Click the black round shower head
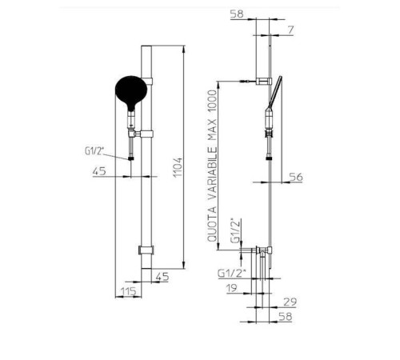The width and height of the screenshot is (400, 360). (x=131, y=92)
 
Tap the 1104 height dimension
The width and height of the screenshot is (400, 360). (x=178, y=167)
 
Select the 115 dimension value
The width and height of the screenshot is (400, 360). (x=129, y=291)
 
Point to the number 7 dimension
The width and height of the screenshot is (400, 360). (x=290, y=30)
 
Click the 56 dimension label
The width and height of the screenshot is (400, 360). (x=296, y=177)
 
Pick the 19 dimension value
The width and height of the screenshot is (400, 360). (x=231, y=288)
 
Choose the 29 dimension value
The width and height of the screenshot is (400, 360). (x=290, y=302)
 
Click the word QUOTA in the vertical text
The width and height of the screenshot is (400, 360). (x=212, y=224)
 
